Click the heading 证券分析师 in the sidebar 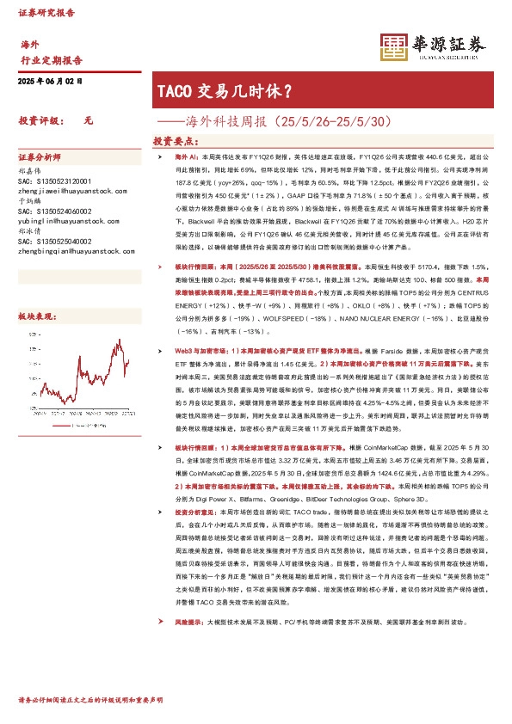40,158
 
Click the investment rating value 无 87,122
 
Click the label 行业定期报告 51,60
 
